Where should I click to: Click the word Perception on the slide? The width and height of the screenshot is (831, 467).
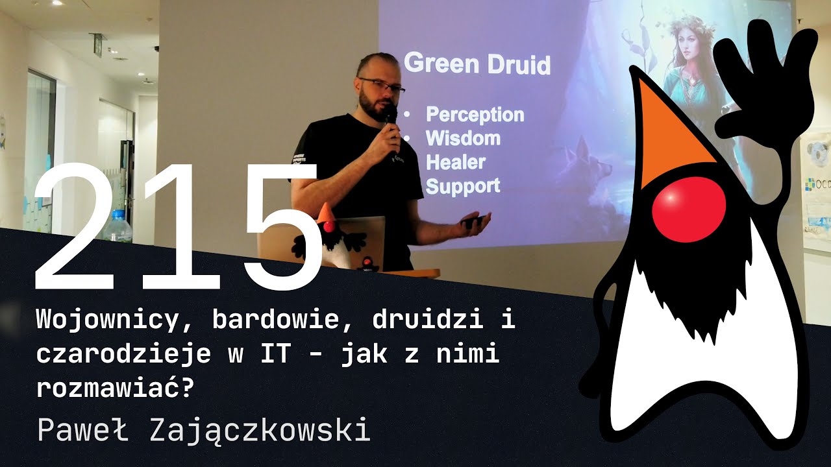click(x=475, y=115)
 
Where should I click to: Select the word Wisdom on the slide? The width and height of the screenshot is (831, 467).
click(x=463, y=138)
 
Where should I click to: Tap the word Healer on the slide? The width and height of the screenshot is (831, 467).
click(x=455, y=162)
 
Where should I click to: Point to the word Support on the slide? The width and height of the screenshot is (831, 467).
click(x=463, y=186)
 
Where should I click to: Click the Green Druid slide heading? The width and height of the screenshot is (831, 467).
click(x=477, y=64)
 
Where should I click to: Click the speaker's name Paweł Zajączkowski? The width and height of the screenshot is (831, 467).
click(x=204, y=430)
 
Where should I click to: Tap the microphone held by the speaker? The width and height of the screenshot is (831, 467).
click(x=390, y=123)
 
